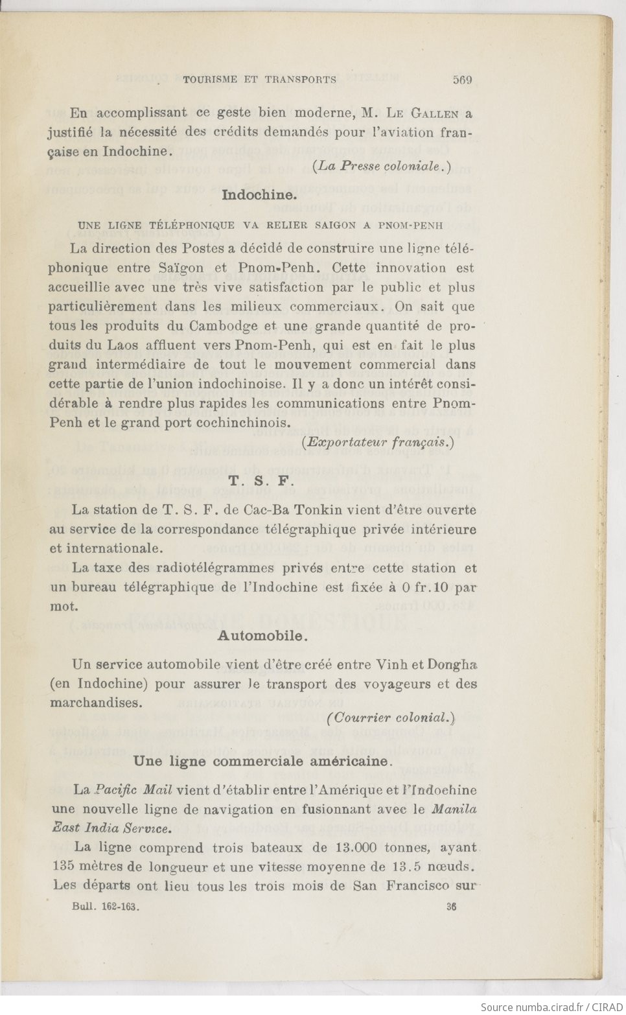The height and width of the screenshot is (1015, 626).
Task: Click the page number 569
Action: tap(462, 80)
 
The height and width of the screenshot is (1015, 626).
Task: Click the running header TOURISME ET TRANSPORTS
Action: tap(260, 80)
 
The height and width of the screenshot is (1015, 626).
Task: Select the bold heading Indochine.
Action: tap(259, 194)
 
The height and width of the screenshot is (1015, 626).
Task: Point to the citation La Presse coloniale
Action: tap(382, 166)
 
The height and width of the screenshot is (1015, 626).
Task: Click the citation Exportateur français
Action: tap(378, 442)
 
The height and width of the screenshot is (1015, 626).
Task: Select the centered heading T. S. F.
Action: tap(262, 482)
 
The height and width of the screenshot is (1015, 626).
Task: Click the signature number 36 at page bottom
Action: tap(451, 907)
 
